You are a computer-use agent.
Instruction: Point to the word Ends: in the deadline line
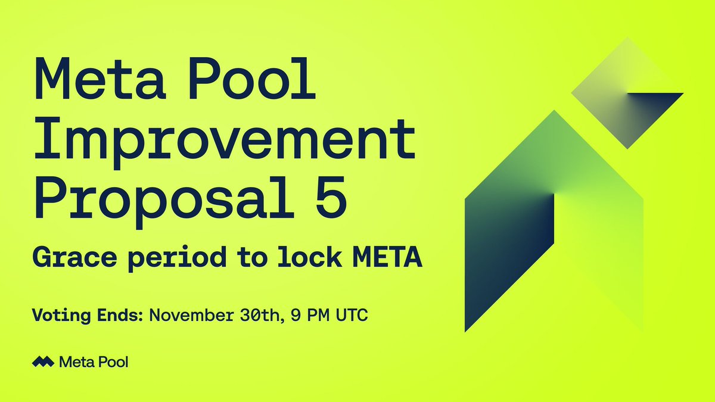click(115, 314)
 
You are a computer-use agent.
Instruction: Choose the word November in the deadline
click(189, 314)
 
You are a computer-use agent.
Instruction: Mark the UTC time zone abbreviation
click(354, 314)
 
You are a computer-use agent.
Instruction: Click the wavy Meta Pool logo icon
click(43, 361)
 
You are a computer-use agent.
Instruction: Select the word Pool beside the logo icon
click(113, 361)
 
